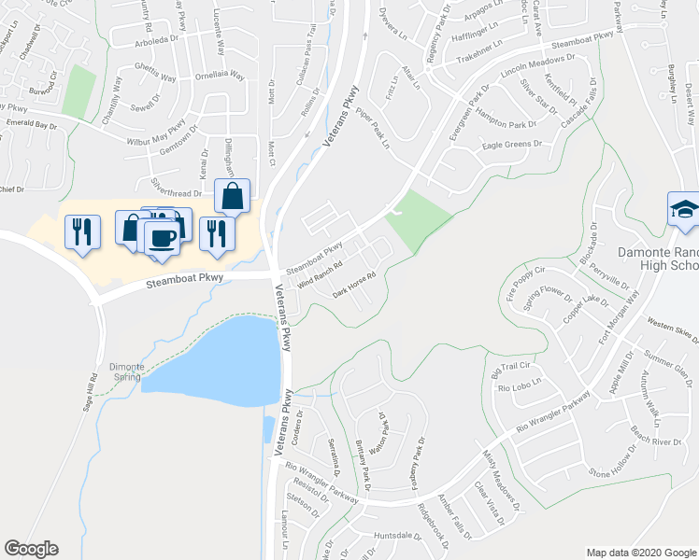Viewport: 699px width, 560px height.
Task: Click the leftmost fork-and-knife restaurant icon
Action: tap(79, 230)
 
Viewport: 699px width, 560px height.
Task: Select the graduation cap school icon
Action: tap(684, 210)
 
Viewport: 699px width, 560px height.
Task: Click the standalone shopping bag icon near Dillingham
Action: tap(231, 197)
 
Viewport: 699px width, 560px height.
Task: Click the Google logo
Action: tap(31, 549)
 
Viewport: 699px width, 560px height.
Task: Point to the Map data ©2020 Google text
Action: tap(641, 553)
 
